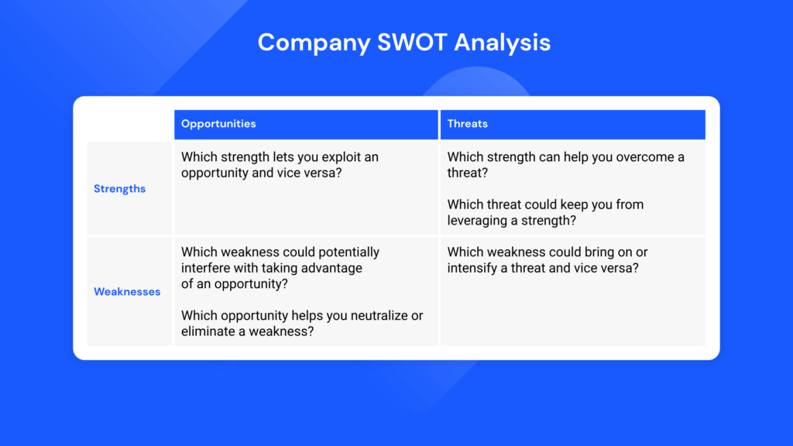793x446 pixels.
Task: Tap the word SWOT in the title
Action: (x=412, y=42)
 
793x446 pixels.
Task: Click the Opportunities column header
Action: (x=218, y=124)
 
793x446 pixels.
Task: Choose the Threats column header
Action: (x=467, y=124)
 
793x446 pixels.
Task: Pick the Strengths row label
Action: (x=119, y=189)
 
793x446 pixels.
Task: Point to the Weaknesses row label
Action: (x=127, y=292)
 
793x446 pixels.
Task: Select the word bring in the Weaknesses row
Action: (x=599, y=252)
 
